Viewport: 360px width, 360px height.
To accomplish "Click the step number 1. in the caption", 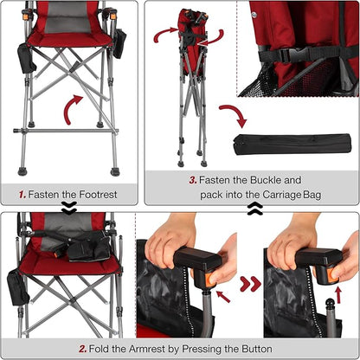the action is point(22,195).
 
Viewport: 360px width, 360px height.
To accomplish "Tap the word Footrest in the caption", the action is point(98,195).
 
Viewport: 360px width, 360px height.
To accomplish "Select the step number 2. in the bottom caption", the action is point(83,349).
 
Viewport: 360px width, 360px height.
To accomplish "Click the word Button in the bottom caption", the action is point(257,349).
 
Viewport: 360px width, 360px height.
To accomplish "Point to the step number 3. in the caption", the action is point(193,180).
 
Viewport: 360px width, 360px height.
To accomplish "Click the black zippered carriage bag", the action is point(292,145).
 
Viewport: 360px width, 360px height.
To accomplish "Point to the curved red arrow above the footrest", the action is point(72,108).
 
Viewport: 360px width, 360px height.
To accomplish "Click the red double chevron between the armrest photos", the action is point(250,284).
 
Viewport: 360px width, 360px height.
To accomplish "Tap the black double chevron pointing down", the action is point(69,208).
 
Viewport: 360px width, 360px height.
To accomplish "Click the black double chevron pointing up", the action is point(255,209).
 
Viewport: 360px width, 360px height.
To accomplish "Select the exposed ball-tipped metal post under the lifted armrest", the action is point(331,314).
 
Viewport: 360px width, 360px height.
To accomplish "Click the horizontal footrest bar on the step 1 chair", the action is point(66,131).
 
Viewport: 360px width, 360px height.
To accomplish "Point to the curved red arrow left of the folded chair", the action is point(164,34).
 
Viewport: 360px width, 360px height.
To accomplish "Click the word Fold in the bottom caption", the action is point(99,349).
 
